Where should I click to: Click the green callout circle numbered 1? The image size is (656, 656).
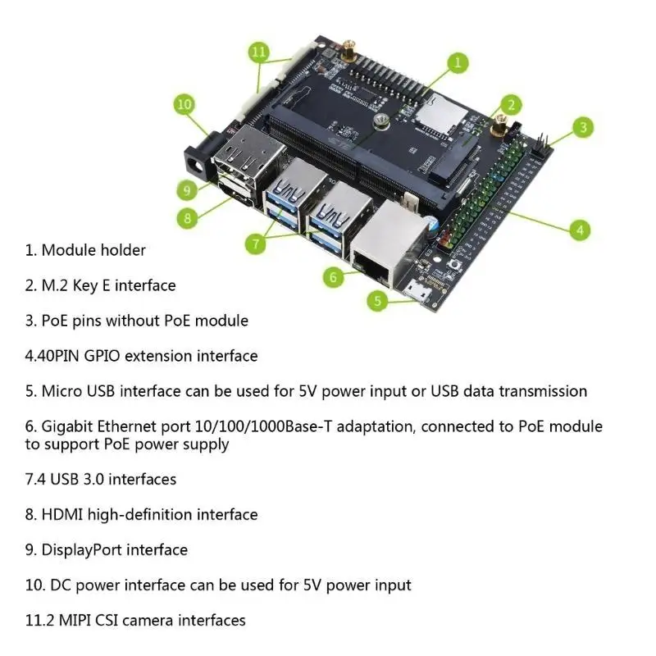coord(458,61)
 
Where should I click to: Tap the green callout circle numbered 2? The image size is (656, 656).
coord(510,104)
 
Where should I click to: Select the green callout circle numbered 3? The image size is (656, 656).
coord(582,127)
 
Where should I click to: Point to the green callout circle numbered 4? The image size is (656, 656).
coord(580,230)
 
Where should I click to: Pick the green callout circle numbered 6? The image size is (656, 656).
coord(333,276)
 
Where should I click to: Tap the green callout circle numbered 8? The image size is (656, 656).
coord(188,218)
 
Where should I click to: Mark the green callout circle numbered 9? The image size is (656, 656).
coord(188,189)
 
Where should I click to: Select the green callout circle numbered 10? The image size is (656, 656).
coord(184,104)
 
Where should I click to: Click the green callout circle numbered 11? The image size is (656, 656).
coord(259,52)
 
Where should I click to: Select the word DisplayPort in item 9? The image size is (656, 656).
coord(82,549)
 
